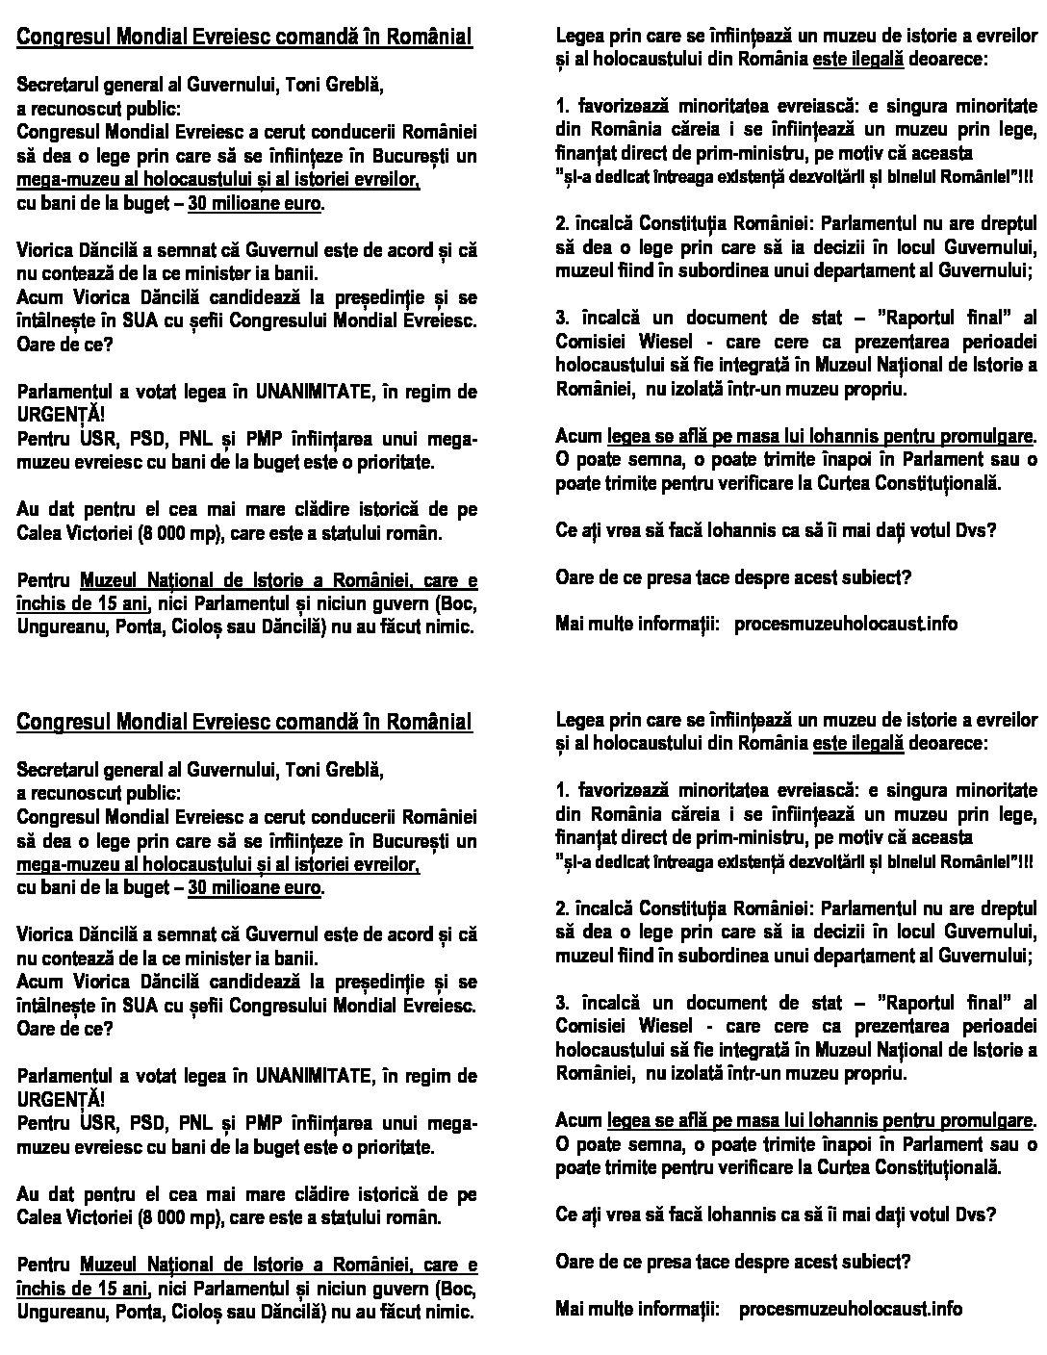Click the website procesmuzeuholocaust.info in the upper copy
846,624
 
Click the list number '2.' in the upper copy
563,223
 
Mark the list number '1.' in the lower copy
563,790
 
